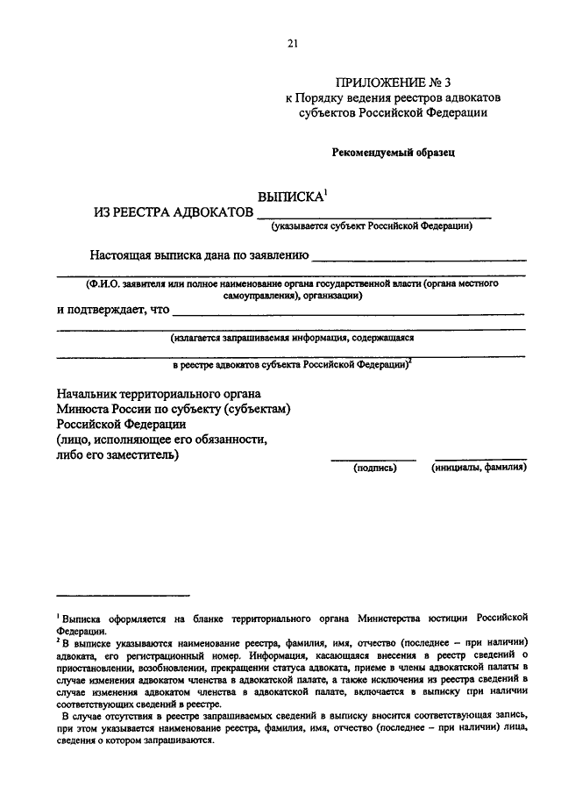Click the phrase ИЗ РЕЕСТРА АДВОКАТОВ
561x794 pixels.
coord(174,212)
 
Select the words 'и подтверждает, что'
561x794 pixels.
coord(113,309)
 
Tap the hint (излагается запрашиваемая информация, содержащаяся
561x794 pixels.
coord(292,336)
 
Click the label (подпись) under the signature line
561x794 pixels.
coord(375,468)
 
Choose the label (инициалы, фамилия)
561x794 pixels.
coord(479,468)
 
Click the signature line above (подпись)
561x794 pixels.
coord(373,458)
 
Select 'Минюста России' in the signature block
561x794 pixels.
coord(98,408)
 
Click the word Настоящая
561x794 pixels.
coord(122,256)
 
